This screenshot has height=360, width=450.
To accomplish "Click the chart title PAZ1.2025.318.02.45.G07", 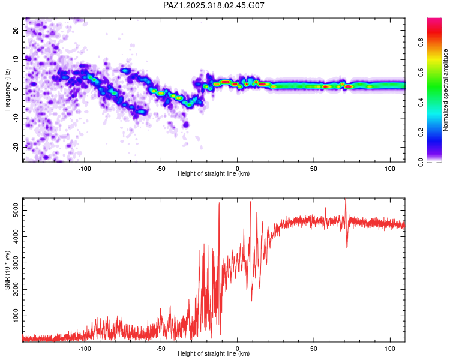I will tap(214, 5).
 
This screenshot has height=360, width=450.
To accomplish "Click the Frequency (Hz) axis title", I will tap(7, 89).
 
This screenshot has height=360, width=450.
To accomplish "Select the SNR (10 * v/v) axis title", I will tap(7, 270).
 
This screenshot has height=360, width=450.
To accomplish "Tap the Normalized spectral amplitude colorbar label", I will tap(446, 89).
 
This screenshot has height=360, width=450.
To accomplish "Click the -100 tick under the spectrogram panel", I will tap(85, 169).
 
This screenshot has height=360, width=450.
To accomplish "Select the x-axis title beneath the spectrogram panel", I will tap(214, 174).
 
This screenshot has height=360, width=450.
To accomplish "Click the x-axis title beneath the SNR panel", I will tap(214, 354).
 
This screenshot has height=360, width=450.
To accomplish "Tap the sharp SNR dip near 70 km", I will tap(347, 245).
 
